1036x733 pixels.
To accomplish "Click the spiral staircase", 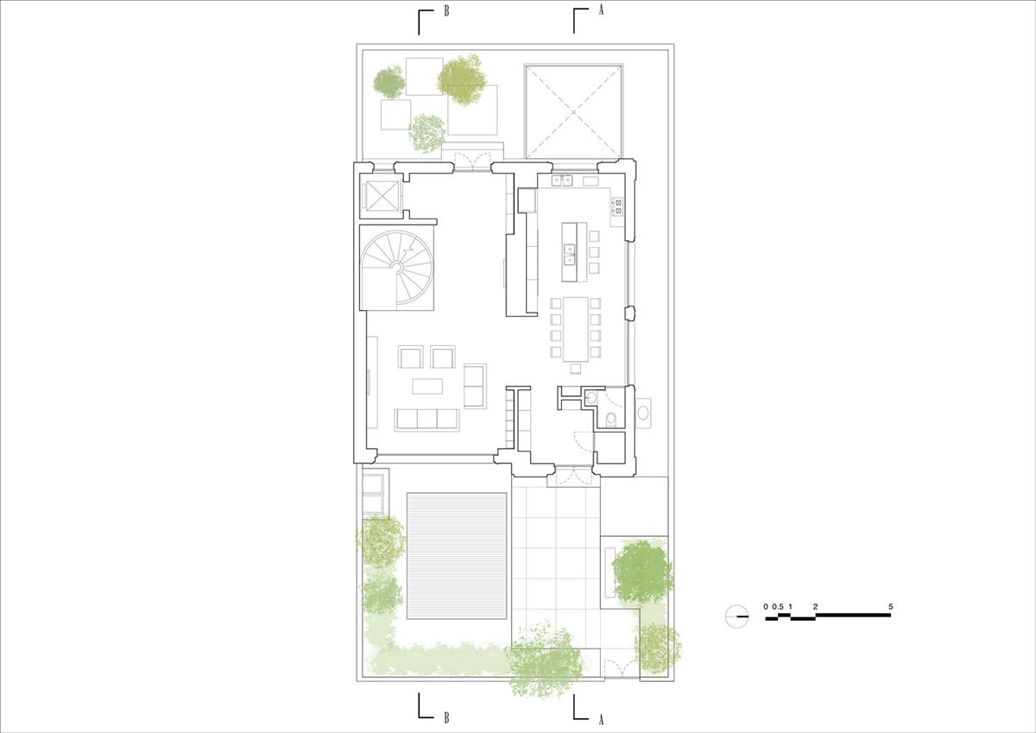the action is (x=397, y=268).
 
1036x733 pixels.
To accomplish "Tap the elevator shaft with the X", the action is (x=382, y=196).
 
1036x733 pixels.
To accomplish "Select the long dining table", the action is (x=575, y=329).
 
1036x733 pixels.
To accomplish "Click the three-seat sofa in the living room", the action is (x=426, y=420).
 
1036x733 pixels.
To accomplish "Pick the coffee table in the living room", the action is (x=427, y=386).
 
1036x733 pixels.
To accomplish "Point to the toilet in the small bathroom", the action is (x=611, y=420).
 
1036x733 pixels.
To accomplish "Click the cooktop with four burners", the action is (x=617, y=206).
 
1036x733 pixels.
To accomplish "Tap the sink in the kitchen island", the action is (x=569, y=254).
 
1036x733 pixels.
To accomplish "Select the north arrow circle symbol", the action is (x=736, y=616).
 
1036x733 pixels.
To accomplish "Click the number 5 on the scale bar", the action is (x=891, y=606).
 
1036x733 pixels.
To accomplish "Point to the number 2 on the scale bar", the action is (x=815, y=606).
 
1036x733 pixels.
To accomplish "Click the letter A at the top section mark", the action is (x=601, y=10).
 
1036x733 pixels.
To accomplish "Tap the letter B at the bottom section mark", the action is (x=446, y=717).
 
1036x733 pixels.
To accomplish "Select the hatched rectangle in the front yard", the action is (x=457, y=556).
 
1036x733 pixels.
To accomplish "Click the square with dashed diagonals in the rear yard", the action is (x=573, y=111).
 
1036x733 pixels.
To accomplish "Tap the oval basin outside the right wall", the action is (x=643, y=413).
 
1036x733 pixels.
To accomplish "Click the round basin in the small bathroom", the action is (x=591, y=397).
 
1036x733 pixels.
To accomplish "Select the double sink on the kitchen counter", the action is (x=562, y=180).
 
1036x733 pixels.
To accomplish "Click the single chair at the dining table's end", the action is (x=576, y=368).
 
